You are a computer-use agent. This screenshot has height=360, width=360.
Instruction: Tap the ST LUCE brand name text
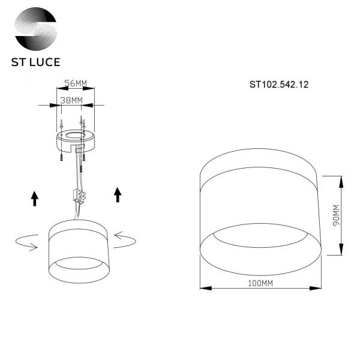pos(36,62)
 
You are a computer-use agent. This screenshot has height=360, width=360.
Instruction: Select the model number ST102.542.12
pos(278,85)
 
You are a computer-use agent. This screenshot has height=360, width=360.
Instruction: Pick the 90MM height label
pos(336,215)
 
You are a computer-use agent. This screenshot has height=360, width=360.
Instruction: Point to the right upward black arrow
pos(117,194)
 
